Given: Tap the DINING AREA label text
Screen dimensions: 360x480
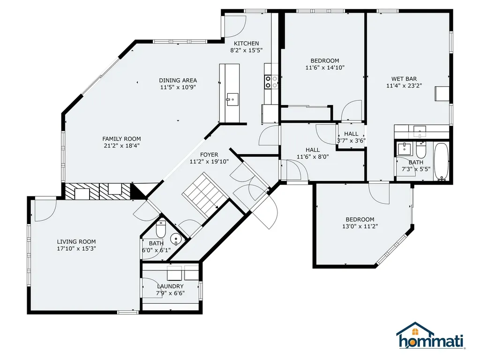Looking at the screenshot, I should (178, 80).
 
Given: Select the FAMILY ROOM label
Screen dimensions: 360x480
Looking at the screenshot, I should (121, 139).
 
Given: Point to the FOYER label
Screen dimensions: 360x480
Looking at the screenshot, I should (209, 155).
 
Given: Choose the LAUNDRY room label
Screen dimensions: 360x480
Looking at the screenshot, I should (170, 286).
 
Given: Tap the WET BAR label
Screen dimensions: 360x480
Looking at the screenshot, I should (404, 79).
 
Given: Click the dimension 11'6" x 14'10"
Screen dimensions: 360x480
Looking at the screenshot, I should (325, 67).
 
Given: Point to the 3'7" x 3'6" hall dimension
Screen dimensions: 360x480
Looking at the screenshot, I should (351, 140).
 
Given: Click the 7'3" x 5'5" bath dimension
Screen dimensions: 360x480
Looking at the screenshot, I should (415, 169).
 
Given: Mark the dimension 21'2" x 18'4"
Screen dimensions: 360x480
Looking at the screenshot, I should (121, 146).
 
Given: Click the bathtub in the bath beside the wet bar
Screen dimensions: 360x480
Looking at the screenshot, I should (441, 161).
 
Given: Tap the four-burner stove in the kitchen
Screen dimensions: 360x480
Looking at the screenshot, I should (271, 82).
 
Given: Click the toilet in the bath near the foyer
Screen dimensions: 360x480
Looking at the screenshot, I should (161, 229).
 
